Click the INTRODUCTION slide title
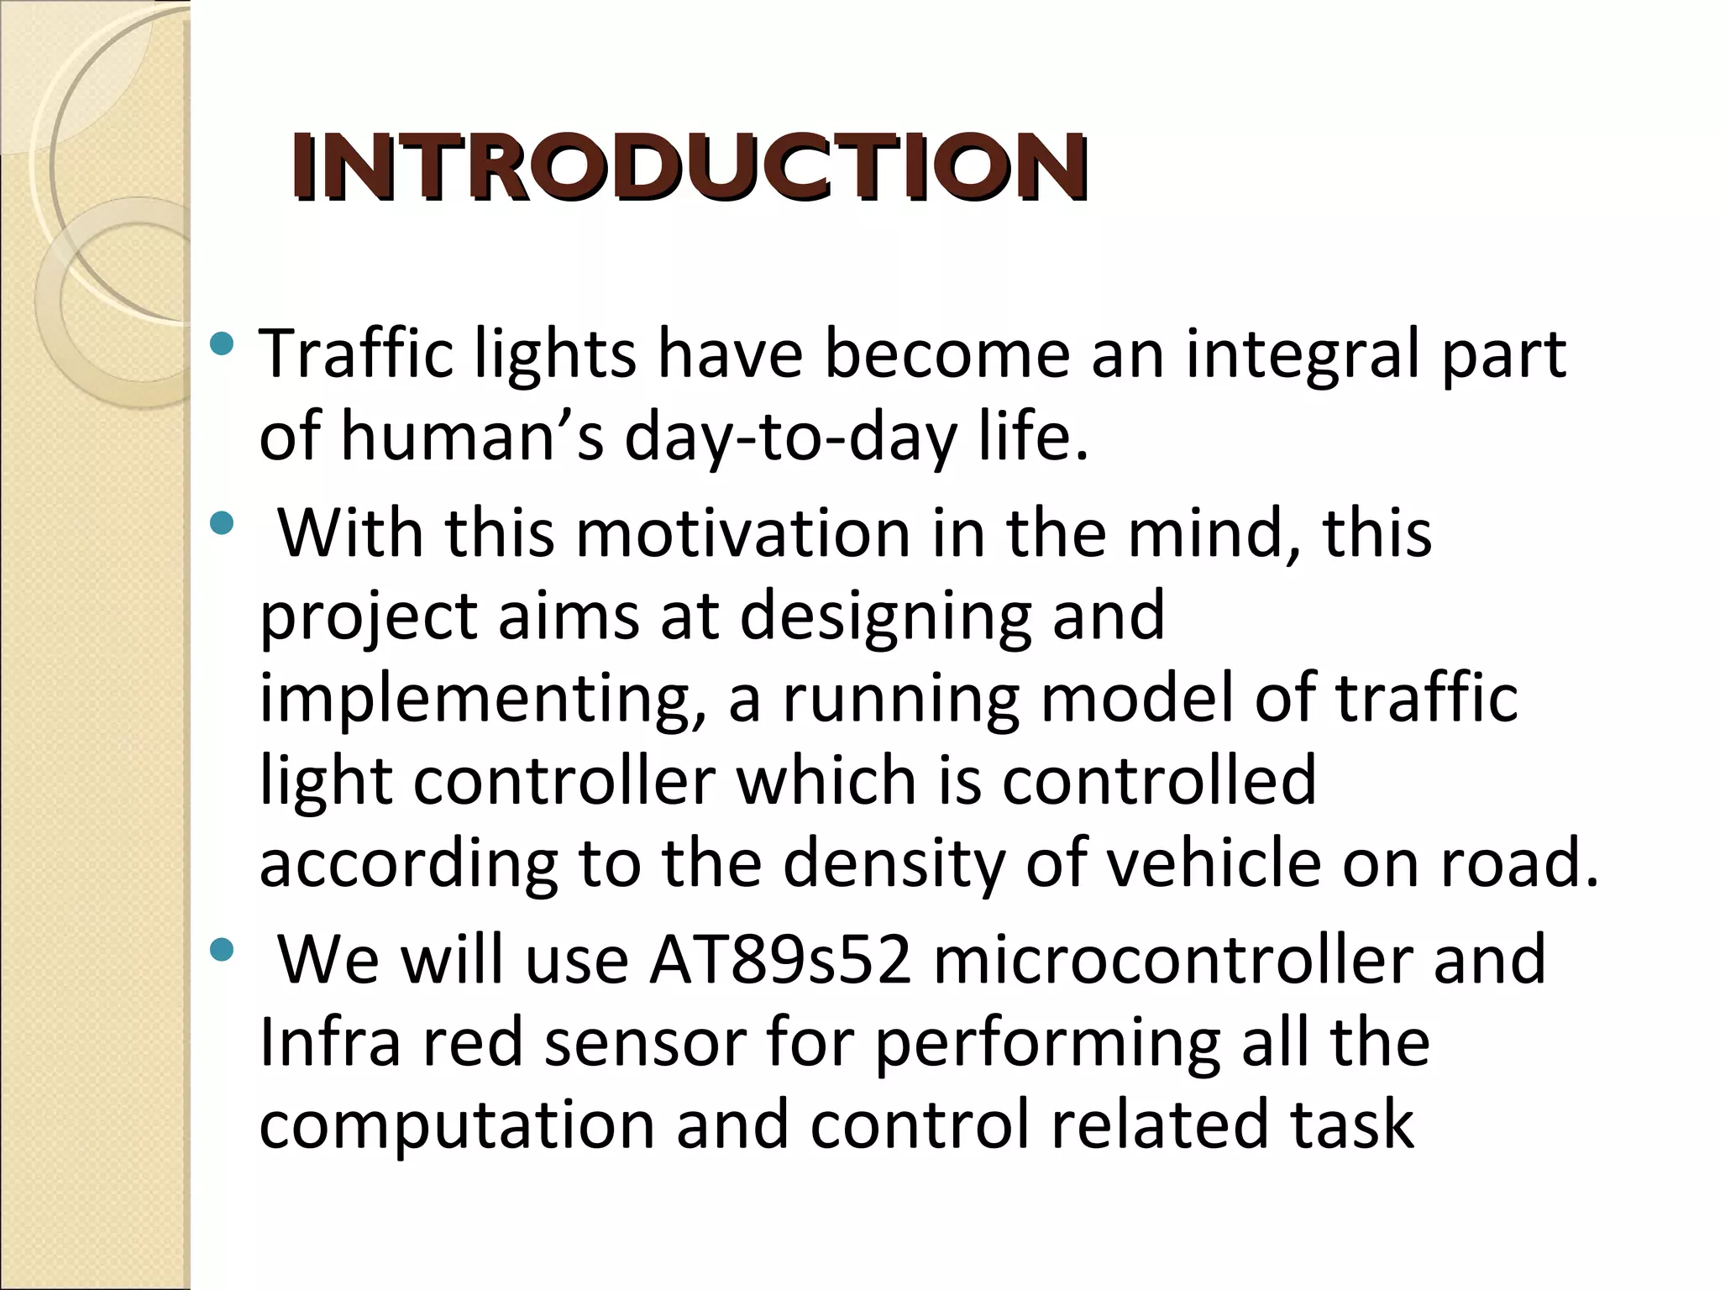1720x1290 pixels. point(689,168)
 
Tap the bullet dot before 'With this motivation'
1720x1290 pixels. point(222,525)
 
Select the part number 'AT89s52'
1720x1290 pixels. point(780,960)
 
